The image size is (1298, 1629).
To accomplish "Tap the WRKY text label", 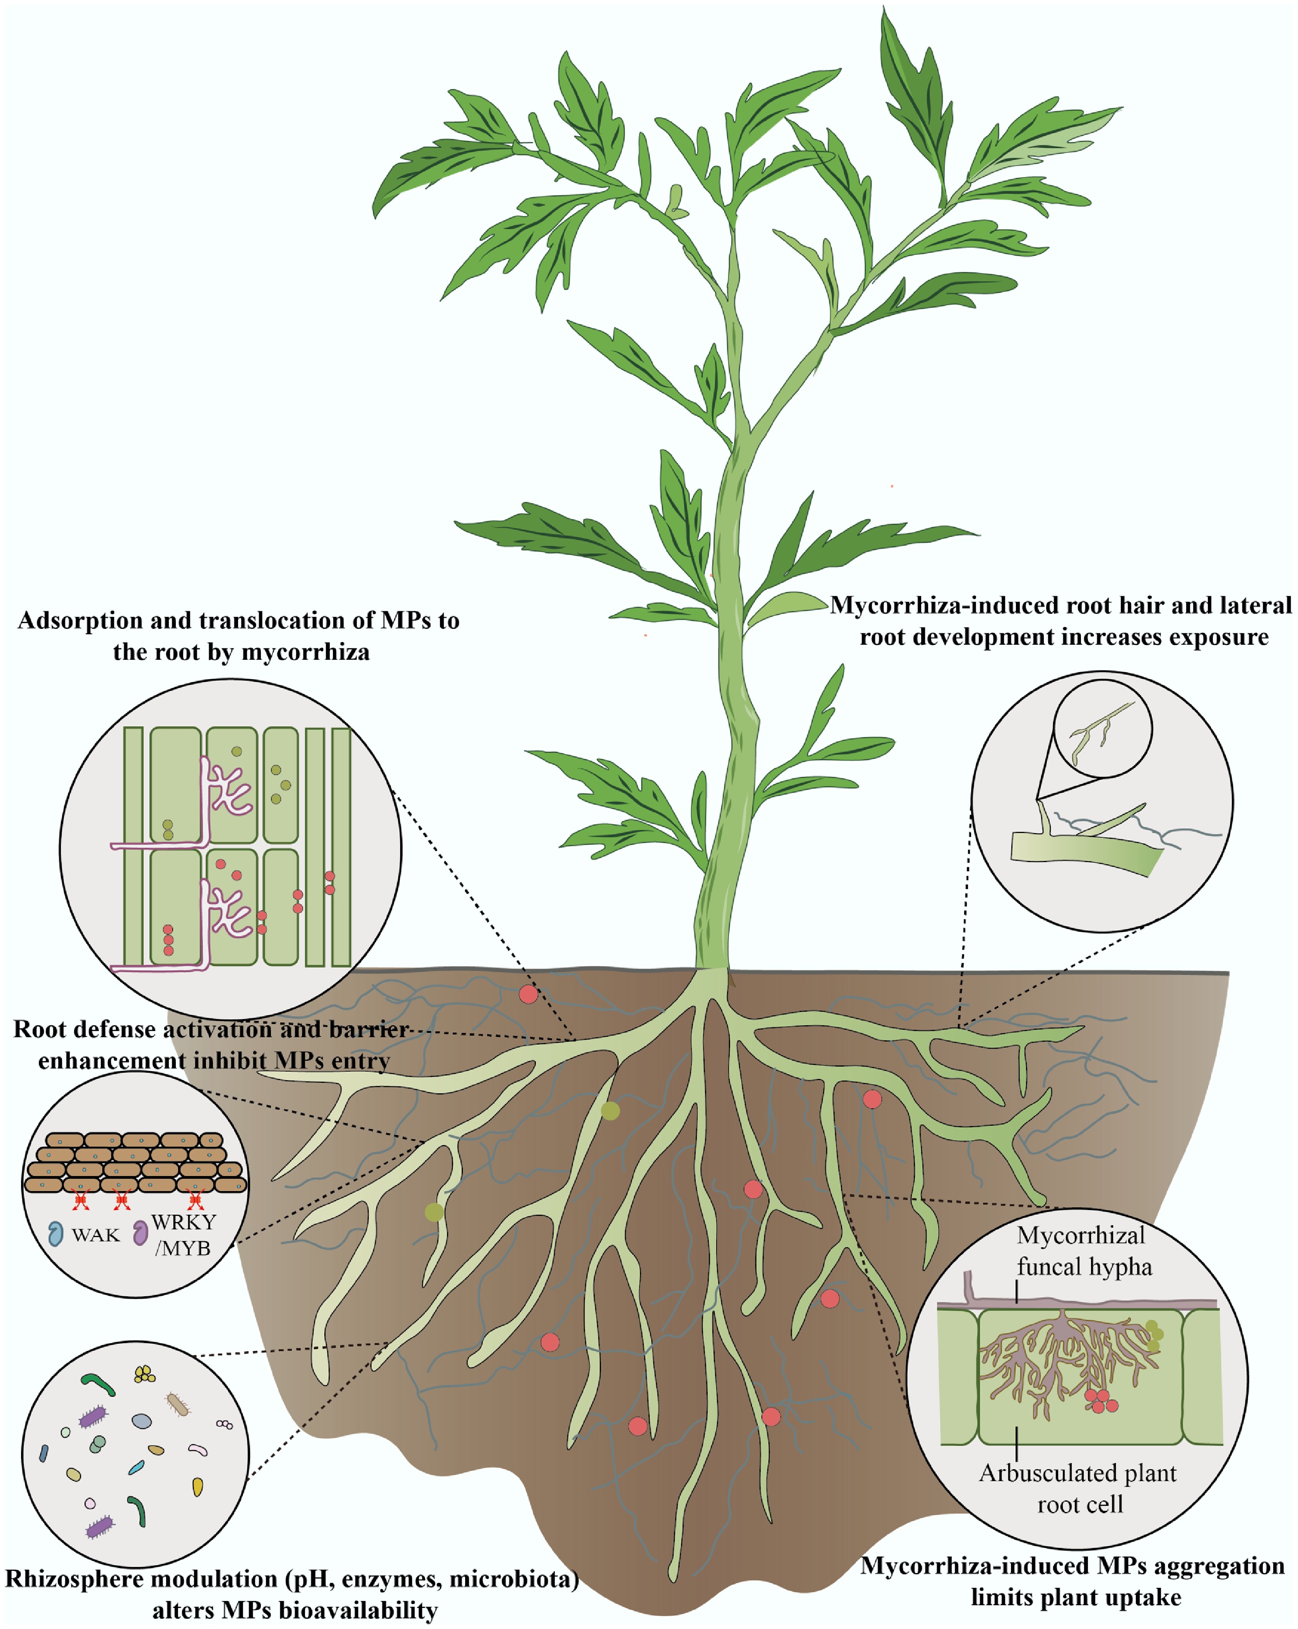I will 183,1222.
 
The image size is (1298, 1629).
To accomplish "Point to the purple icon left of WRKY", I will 140,1233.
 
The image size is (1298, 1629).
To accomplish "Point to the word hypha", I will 1126,1267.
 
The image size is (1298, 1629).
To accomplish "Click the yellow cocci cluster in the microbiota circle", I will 144,1374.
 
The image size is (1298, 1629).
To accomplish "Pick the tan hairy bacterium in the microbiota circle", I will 178,1404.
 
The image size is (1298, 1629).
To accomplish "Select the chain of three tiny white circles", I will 224,1424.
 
